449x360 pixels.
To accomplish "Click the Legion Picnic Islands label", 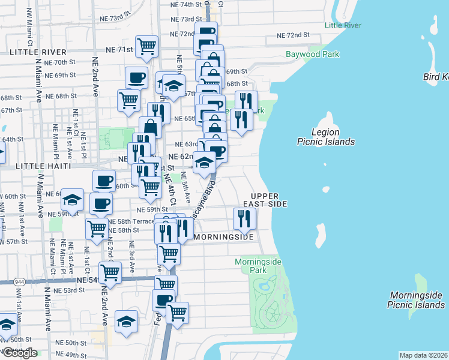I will coord(325,137).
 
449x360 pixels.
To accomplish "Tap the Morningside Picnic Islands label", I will coord(416,300).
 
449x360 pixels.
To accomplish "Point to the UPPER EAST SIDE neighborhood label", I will coord(269,200).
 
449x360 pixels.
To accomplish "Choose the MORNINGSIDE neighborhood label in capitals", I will coord(225,238).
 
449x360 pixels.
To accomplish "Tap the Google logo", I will coord(19,353).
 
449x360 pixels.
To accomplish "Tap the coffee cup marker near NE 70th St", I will coord(136,77).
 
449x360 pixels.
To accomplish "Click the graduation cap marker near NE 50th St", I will coord(126,322).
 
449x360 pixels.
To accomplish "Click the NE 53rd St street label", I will coord(69,290).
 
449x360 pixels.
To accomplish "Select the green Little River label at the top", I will coord(343,25).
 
